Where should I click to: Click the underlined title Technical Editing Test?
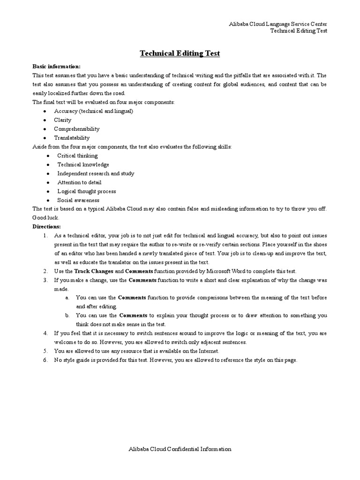(180, 54)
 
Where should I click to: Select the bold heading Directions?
(47, 226)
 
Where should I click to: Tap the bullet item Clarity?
(63, 120)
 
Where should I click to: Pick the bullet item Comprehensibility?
(77, 129)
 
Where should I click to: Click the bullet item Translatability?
(72, 138)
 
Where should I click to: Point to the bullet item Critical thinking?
(77, 156)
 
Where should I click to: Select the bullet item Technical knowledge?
(83, 165)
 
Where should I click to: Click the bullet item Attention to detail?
(79, 182)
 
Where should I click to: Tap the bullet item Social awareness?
(78, 200)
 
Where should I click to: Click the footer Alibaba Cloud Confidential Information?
(180, 449)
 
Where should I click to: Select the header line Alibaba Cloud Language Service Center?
(277, 24)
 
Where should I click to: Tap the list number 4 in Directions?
(45, 333)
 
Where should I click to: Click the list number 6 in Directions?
(45, 360)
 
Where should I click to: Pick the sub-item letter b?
(67, 315)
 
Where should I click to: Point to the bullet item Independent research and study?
(96, 173)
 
